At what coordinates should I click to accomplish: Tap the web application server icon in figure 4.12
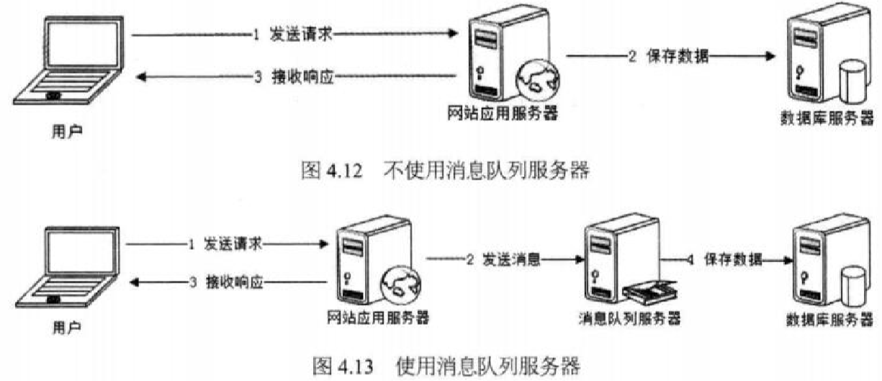point(504,58)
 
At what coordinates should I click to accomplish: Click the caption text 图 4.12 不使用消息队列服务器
point(444,171)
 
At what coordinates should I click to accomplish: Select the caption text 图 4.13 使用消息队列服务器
point(446,367)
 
